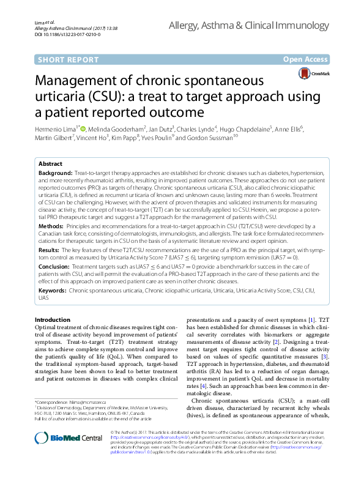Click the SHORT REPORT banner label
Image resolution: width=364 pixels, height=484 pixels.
tap(68, 59)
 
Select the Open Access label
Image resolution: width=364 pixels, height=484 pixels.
tap(305, 59)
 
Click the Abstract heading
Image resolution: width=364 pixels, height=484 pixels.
tap(50, 165)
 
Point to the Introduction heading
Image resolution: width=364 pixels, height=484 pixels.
tap(53, 320)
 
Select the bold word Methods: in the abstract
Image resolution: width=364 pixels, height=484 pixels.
tap(52, 226)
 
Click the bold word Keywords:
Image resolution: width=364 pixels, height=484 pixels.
tap(53, 291)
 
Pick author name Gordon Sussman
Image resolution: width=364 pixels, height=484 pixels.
tap(209, 138)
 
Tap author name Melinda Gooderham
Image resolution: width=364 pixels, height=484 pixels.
tap(121, 130)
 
